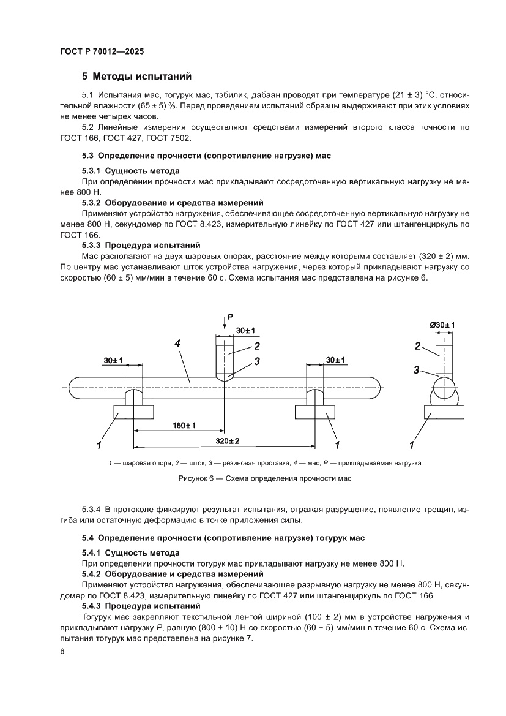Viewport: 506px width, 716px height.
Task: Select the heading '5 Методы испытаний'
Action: [x=137, y=77]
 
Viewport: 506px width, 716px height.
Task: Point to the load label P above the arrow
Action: [x=230, y=317]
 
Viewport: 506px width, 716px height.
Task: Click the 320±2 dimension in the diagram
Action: [x=226, y=441]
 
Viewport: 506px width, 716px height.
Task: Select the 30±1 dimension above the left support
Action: [x=113, y=360]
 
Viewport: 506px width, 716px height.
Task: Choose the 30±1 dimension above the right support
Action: [x=335, y=360]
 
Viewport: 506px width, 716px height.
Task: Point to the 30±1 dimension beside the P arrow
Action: [x=245, y=331]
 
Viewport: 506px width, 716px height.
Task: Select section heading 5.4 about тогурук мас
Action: [x=223, y=538]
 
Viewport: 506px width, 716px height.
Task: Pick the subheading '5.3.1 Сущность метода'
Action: [x=131, y=170]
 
